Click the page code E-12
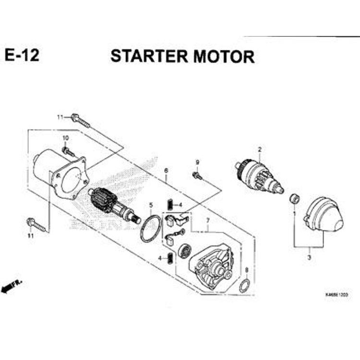[22, 56]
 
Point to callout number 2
[259, 150]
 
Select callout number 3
[309, 258]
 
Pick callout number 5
[151, 205]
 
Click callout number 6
[166, 170]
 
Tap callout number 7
[208, 221]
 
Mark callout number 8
[246, 270]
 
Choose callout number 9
[197, 162]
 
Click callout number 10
[66, 138]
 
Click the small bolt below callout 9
[197, 176]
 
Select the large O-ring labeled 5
[151, 228]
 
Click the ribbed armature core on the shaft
[103, 199]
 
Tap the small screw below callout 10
[69, 152]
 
